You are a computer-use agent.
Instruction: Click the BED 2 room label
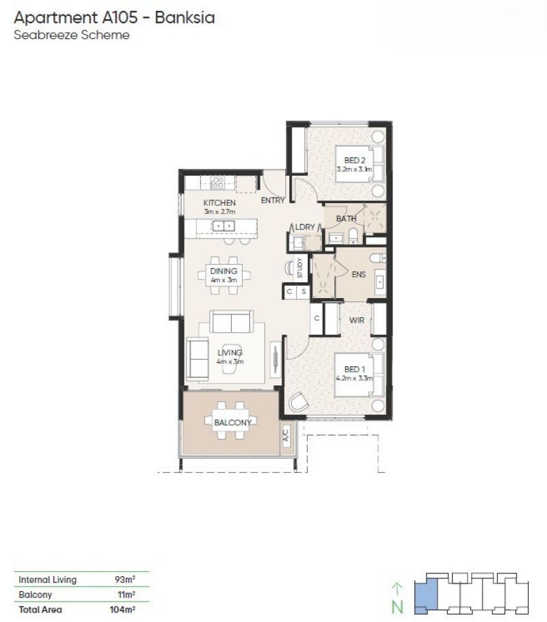(x=354, y=160)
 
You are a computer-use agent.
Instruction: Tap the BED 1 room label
(x=354, y=369)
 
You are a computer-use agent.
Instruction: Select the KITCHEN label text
(x=219, y=203)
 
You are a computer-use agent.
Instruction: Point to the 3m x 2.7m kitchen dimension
(x=219, y=212)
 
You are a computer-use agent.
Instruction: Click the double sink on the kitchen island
(x=224, y=226)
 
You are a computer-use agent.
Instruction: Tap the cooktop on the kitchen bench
(x=217, y=182)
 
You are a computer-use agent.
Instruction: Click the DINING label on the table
(x=224, y=271)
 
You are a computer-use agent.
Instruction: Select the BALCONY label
(x=233, y=422)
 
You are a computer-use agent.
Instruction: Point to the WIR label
(x=357, y=320)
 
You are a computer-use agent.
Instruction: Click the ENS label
(x=359, y=275)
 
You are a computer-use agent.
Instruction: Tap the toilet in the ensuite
(x=377, y=258)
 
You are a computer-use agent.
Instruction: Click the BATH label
(x=346, y=219)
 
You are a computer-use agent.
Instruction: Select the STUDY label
(x=299, y=268)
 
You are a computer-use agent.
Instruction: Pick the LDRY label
(x=305, y=227)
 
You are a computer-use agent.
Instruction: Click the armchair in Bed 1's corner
(x=299, y=402)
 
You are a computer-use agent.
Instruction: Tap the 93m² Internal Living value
(x=125, y=580)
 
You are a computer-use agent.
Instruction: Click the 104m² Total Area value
(x=122, y=610)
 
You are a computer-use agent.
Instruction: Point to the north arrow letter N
(x=397, y=608)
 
